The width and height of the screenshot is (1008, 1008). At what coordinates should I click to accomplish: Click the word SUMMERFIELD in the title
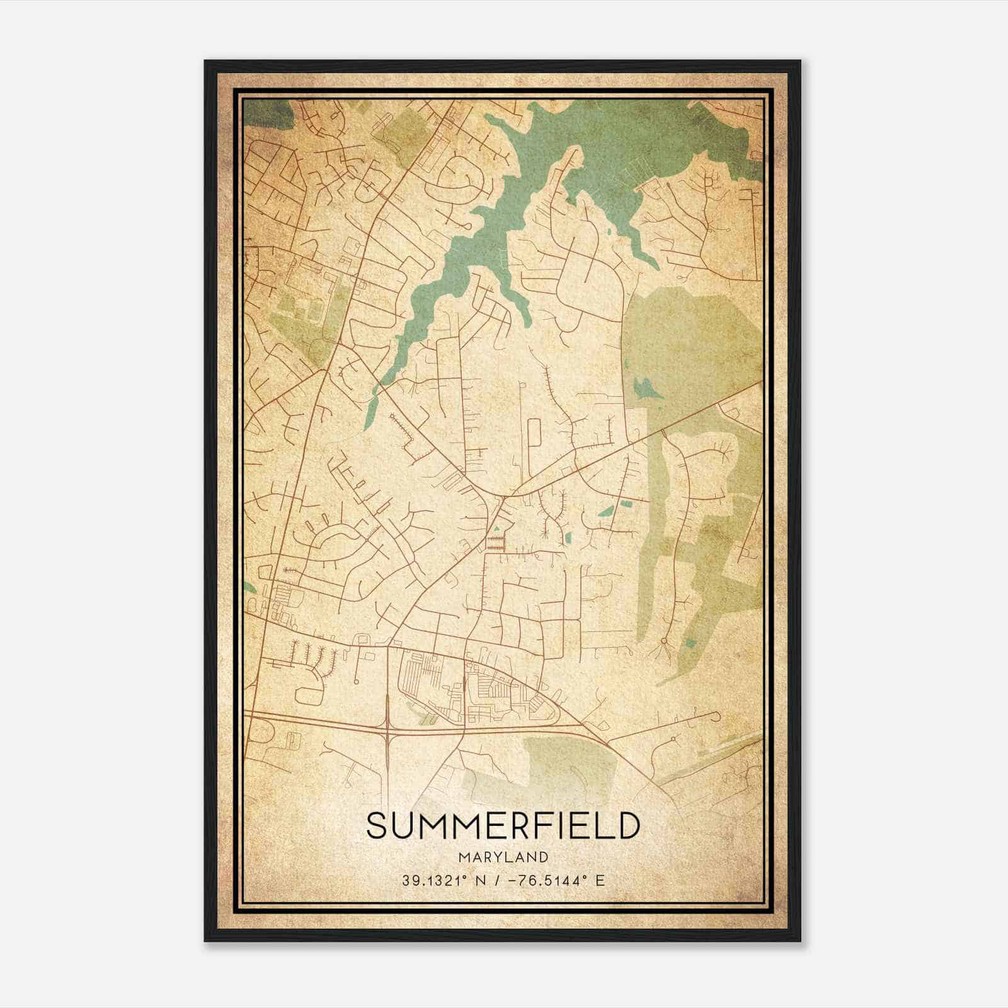[503, 826]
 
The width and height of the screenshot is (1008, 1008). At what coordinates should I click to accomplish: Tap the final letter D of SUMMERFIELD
[629, 826]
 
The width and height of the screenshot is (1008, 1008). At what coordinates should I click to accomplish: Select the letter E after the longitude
[600, 880]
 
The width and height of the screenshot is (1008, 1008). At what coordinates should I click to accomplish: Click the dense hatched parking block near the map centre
[496, 543]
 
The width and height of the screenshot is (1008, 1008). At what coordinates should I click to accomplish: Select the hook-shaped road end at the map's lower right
[714, 716]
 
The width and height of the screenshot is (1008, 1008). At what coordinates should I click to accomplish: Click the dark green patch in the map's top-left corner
[265, 113]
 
